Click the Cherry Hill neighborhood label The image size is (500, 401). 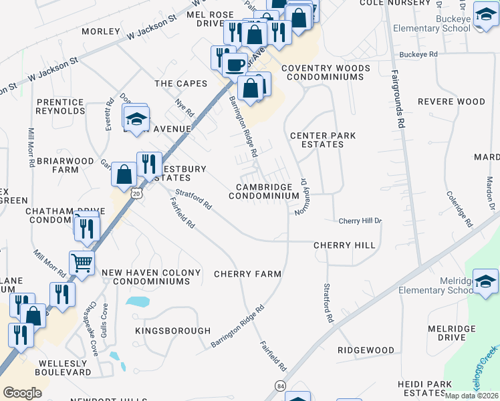point(345,245)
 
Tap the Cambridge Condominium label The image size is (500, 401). point(264,192)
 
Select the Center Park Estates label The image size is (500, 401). point(323,140)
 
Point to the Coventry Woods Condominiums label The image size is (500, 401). point(326,73)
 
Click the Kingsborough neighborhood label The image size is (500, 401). point(172,331)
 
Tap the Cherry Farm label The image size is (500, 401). point(247,274)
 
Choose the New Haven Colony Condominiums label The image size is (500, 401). point(151,277)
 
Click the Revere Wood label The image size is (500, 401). point(451,102)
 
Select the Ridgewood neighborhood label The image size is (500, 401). point(366,350)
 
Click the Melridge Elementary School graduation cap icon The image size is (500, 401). point(485,281)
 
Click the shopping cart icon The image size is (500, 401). point(82,263)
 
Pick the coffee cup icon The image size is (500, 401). point(235,65)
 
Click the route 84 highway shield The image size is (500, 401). point(280,386)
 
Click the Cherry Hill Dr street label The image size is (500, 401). point(360,221)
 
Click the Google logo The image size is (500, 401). point(22,393)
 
